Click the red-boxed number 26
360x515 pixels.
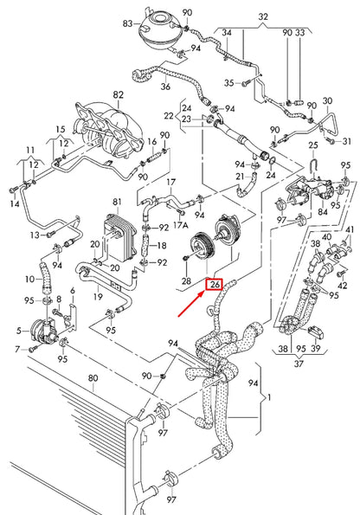click(215, 283)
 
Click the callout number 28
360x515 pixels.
click(186, 281)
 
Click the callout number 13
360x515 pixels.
click(35, 235)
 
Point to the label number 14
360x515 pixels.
click(14, 204)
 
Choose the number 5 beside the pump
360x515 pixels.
click(18, 331)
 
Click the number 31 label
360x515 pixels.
click(348, 141)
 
